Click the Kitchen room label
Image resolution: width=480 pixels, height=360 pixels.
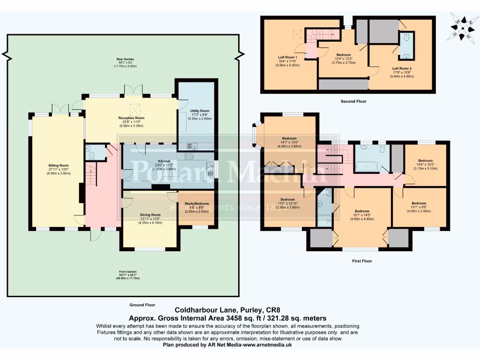(x=164, y=161)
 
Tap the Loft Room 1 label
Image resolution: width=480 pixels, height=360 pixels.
(x=288, y=57)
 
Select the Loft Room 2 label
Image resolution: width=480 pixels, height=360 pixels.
(x=402, y=68)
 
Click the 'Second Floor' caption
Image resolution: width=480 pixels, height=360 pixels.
(x=354, y=101)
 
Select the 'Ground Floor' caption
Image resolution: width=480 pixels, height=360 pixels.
(x=142, y=305)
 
